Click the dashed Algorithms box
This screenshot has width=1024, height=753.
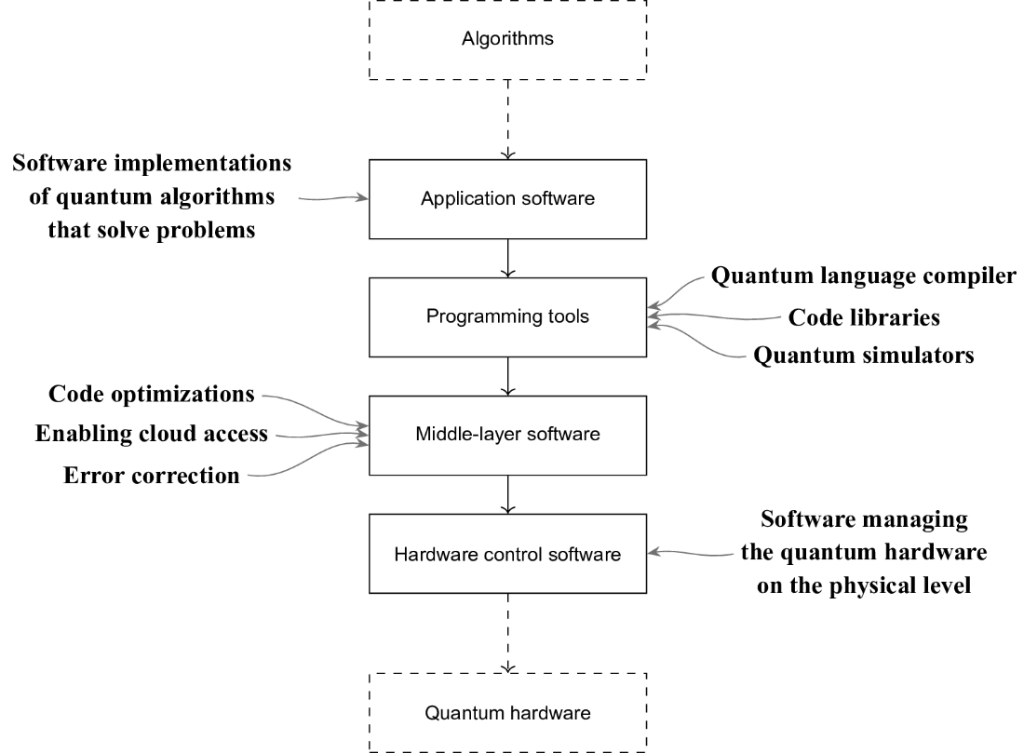tap(507, 39)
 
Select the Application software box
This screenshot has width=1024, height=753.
tap(507, 198)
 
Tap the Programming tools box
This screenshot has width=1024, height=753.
tap(507, 316)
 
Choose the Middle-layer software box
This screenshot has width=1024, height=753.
tap(507, 435)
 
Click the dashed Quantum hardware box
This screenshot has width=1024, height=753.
tap(507, 714)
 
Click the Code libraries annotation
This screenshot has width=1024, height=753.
tap(863, 316)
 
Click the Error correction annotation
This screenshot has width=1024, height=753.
tap(152, 476)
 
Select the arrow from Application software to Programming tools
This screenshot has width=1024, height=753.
tap(507, 257)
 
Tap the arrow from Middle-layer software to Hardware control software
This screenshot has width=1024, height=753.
tap(507, 494)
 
